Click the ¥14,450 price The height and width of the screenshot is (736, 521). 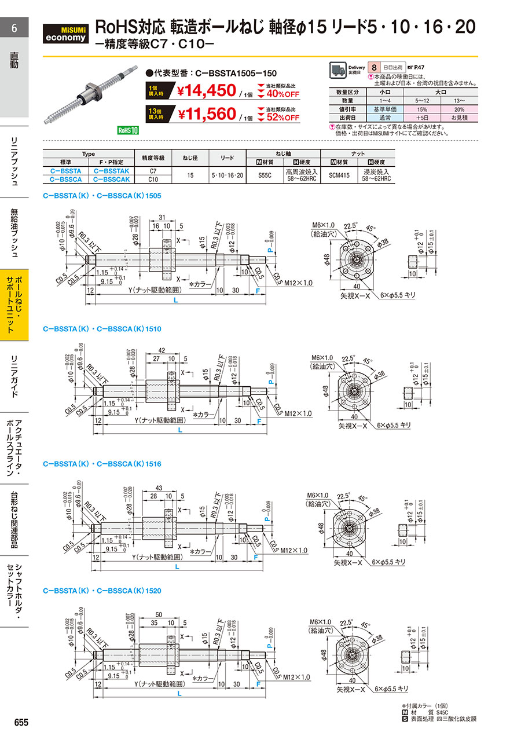tap(206, 91)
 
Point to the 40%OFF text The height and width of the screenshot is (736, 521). tap(282, 94)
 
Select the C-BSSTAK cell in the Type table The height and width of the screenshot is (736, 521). tap(109, 171)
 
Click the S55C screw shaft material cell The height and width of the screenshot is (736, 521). tap(262, 175)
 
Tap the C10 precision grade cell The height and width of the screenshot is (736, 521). tap(153, 179)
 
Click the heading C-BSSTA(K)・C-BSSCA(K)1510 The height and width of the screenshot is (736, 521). tap(102, 328)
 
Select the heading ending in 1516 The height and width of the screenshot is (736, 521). tap(102, 464)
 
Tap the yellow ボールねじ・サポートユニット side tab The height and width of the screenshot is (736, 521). tap(14, 304)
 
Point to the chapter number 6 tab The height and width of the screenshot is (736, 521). tap(14, 28)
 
